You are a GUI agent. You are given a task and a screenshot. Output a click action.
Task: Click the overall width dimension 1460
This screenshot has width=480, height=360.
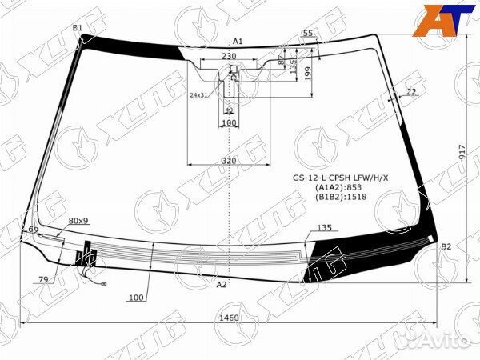pos(229,318)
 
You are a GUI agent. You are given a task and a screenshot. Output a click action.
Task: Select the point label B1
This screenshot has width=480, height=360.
pos(78,28)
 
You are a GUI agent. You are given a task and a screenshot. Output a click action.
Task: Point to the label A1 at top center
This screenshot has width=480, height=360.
pos(238,41)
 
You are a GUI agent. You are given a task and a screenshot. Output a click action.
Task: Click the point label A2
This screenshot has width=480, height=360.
pos(222,284)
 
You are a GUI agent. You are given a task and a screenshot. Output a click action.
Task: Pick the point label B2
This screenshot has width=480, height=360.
pos(446,247)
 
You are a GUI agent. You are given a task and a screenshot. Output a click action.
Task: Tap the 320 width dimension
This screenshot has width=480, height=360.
pos(229,161)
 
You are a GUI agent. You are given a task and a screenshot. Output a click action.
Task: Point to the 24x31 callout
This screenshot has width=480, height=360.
pos(198,94)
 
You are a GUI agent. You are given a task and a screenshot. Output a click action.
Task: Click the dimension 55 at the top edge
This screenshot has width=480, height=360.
pos(307,33)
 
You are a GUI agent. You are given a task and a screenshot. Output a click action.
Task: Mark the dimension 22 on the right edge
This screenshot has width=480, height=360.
pos(411,92)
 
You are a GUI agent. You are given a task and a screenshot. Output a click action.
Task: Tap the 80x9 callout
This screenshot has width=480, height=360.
pos(78,220)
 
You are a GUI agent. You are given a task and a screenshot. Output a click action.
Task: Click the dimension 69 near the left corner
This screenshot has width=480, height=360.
pos(33,230)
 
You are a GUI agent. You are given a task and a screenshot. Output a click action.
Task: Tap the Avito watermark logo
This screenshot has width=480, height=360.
pos(436,342)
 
